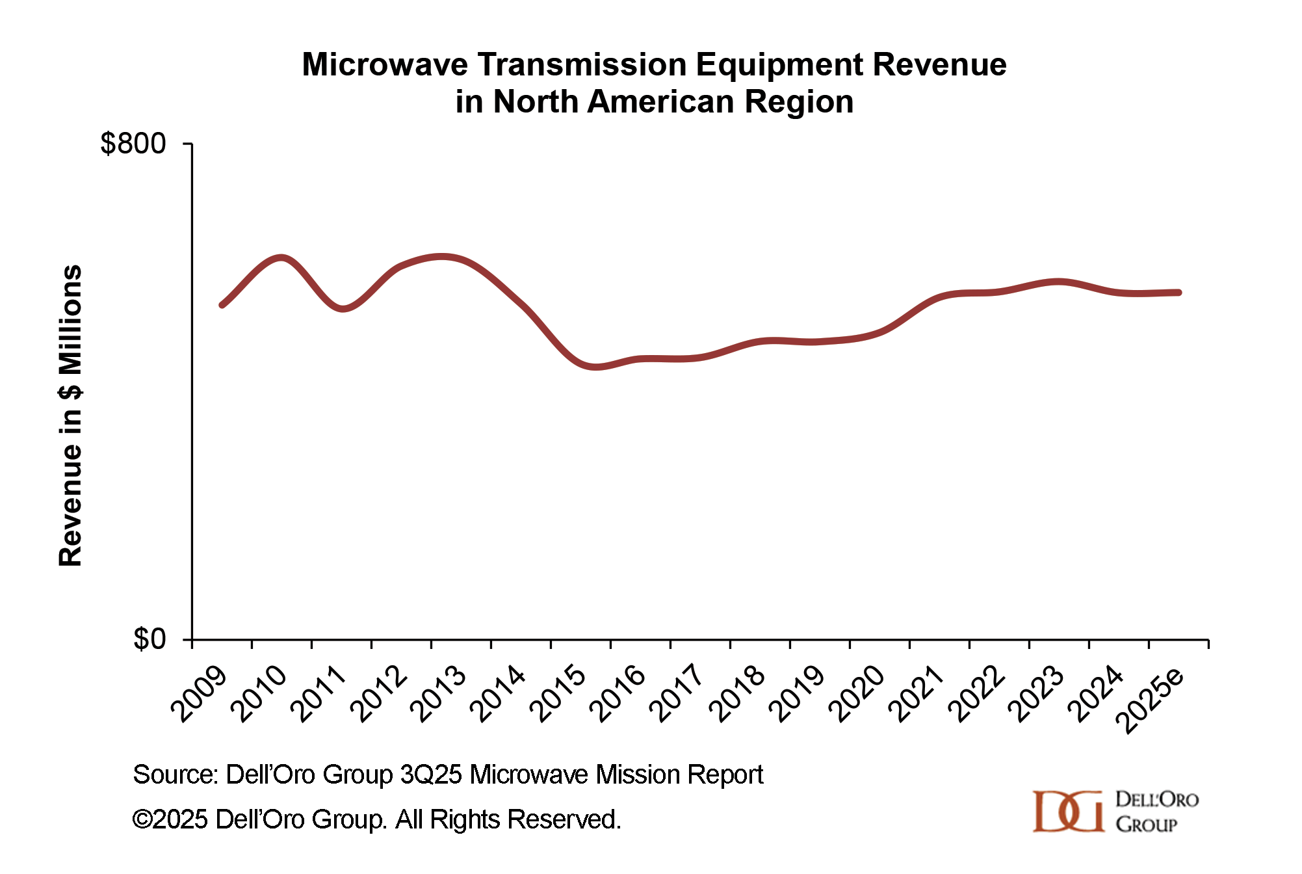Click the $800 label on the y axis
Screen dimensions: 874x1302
click(x=133, y=144)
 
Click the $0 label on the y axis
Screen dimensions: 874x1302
click(x=150, y=640)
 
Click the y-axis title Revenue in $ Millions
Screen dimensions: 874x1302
click(x=70, y=416)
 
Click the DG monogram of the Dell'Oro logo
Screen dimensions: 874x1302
click(x=1068, y=811)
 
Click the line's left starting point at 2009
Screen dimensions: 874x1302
click(x=222, y=304)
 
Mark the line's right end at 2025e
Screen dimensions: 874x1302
click(x=1178, y=293)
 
